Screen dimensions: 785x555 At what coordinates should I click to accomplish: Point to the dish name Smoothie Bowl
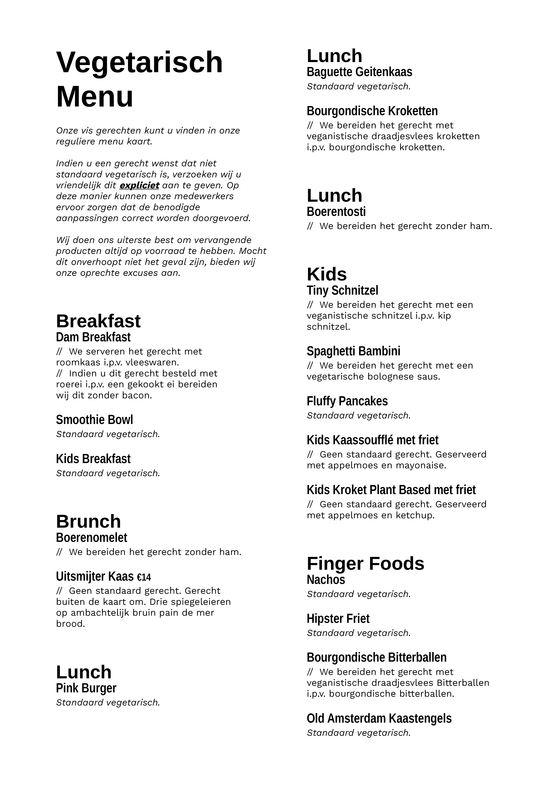[x=94, y=420]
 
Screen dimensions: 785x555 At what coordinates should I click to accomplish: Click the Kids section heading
[x=327, y=274]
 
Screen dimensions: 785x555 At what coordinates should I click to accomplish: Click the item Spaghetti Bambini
[x=353, y=351]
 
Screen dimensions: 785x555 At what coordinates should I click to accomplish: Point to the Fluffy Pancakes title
[x=347, y=401]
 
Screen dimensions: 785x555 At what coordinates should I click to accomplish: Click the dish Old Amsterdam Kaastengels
[x=379, y=718]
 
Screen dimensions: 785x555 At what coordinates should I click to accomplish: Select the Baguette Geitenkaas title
[x=359, y=72]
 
